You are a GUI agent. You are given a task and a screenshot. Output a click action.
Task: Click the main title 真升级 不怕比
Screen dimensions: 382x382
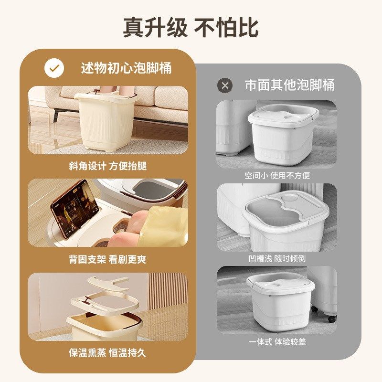[191, 27]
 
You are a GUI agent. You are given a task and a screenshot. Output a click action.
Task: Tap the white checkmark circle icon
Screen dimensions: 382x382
[54, 68]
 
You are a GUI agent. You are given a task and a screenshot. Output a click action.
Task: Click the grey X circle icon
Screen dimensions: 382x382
[225, 85]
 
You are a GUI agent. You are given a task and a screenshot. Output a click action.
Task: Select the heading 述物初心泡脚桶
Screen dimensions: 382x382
[126, 68]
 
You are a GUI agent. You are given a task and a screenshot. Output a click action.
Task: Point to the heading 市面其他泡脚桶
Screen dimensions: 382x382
[289, 85]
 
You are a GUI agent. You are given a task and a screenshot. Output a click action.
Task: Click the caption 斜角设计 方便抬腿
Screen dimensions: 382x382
[107, 166]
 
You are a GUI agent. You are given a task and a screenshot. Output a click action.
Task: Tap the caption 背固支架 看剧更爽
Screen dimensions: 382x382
[107, 260]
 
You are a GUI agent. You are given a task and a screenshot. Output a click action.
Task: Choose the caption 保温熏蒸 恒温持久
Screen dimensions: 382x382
[107, 353]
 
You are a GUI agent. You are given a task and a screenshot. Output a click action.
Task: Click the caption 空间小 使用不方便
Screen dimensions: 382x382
[277, 176]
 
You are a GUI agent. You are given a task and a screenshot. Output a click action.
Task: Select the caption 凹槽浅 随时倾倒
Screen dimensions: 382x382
[277, 258]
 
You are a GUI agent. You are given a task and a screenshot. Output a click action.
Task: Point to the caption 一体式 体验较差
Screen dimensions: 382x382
[277, 342]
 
